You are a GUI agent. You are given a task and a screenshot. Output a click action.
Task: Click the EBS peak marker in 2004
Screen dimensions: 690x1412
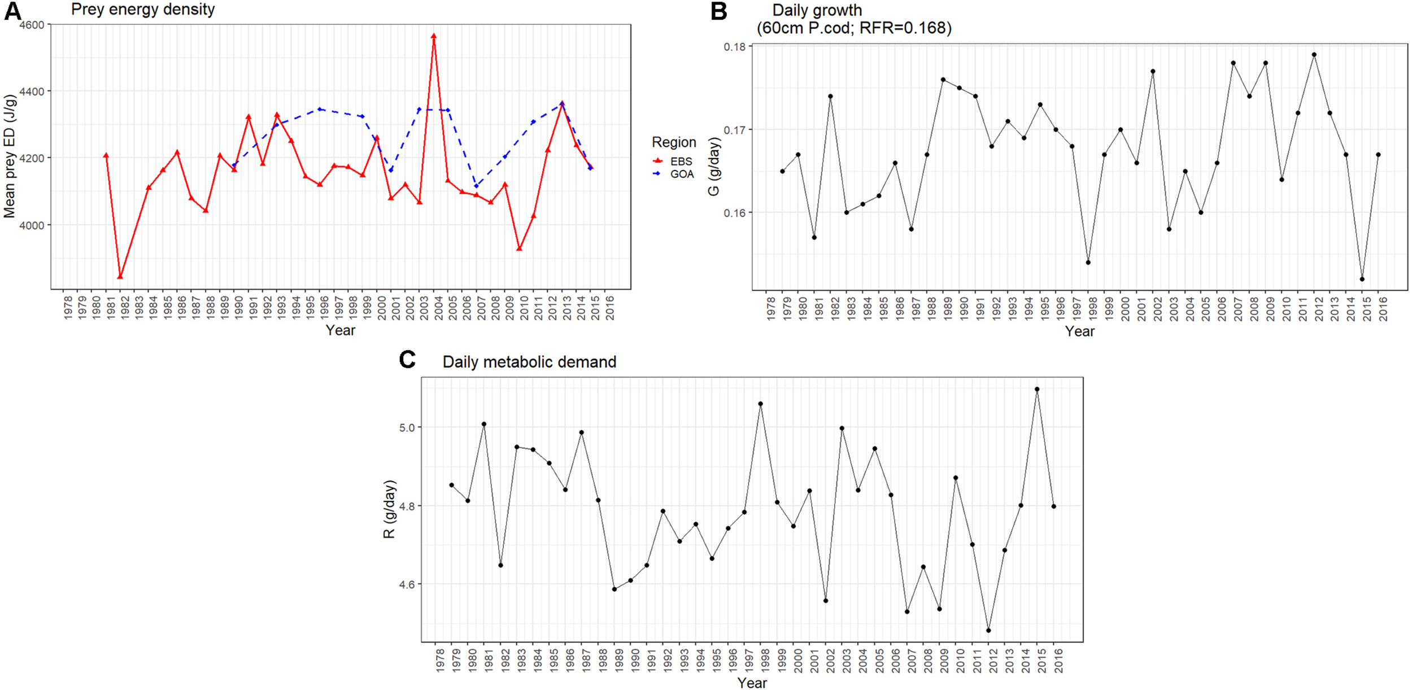[x=434, y=36]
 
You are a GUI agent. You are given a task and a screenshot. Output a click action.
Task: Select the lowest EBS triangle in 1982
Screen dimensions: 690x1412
[x=120, y=276]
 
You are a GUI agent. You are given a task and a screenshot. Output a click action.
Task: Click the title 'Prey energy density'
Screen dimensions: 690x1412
[x=143, y=10]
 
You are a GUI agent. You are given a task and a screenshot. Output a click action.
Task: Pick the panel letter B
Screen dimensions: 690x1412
[x=718, y=11]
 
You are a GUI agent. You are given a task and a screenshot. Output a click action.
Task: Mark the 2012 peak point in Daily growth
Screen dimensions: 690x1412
[x=1314, y=55]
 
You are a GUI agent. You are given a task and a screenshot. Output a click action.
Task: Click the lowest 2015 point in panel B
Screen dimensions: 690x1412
[x=1362, y=279]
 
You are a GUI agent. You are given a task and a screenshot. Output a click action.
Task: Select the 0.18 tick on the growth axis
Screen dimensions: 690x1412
[x=735, y=47]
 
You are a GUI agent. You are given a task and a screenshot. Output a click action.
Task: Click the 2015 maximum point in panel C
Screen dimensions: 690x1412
[x=1037, y=389]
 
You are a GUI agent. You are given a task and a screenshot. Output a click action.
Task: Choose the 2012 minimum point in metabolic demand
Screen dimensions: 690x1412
[x=988, y=630]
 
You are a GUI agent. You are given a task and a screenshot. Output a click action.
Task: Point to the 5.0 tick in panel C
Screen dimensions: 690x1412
[x=407, y=428]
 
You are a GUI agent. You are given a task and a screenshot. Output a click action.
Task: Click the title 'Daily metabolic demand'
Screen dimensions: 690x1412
[x=529, y=362]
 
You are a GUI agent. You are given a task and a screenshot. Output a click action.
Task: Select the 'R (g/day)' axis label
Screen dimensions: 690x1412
[x=389, y=509]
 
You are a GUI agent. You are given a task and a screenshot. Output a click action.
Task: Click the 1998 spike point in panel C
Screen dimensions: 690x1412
[x=761, y=404]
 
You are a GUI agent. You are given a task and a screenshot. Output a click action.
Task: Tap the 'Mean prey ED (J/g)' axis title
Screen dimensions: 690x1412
[x=10, y=156]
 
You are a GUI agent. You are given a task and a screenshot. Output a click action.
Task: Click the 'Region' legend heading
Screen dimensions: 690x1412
[x=673, y=142]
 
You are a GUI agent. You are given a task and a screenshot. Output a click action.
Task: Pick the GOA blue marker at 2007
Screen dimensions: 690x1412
[x=476, y=186]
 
